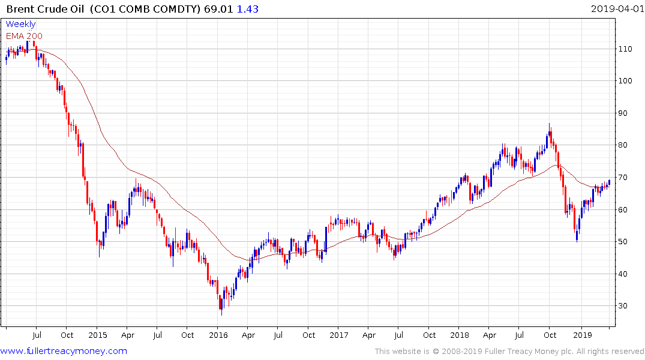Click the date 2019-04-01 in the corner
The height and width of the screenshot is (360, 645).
(617, 9)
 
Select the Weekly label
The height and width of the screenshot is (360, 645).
(21, 24)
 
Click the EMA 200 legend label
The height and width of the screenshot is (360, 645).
(25, 36)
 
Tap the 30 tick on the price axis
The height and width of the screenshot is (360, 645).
(625, 306)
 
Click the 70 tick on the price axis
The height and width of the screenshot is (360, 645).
(625, 178)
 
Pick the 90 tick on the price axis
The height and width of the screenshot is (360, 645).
(625, 113)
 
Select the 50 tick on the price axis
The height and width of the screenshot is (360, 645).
(625, 242)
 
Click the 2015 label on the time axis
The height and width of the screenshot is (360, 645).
(97, 335)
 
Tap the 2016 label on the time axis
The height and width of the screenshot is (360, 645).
(218, 335)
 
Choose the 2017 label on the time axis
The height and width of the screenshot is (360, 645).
(339, 335)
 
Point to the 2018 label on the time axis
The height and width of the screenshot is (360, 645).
(460, 335)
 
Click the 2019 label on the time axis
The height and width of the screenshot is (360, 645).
(581, 335)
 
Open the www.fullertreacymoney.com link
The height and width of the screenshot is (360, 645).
(64, 351)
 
